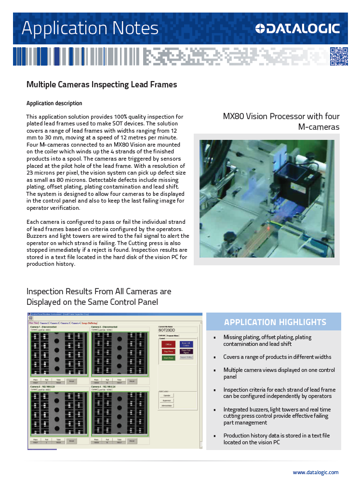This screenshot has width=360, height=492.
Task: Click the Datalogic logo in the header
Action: (x=297, y=29)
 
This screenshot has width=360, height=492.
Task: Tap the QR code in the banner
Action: (x=338, y=56)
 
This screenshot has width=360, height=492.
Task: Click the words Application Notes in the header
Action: (x=90, y=28)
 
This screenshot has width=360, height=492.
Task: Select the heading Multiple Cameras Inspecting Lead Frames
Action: (x=102, y=85)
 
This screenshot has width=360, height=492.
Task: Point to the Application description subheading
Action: (x=54, y=103)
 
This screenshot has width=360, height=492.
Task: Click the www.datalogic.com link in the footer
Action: (x=315, y=472)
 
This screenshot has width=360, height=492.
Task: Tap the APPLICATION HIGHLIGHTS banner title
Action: (x=275, y=322)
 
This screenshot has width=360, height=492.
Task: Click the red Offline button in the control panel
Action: (x=169, y=344)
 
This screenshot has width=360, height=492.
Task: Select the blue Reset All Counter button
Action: (x=186, y=344)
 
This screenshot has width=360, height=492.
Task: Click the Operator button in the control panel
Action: (x=166, y=395)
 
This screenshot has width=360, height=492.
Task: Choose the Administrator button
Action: (x=166, y=406)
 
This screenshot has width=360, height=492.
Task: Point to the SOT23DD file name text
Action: (x=168, y=330)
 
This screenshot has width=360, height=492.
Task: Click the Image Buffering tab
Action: (x=90, y=323)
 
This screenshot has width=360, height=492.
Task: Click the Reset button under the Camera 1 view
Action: (x=71, y=381)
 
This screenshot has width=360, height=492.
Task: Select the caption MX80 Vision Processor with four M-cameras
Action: (x=281, y=122)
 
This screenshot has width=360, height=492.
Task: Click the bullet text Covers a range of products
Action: (x=277, y=357)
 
